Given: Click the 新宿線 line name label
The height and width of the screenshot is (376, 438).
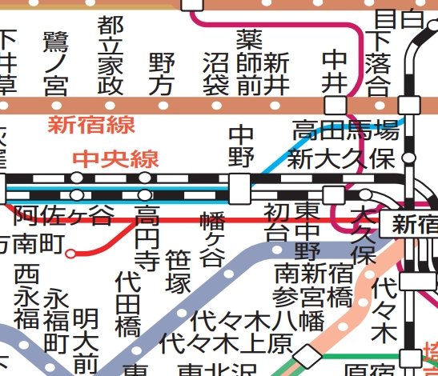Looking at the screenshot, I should pyautogui.click(x=90, y=125).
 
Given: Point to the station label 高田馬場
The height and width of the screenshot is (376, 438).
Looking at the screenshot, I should pyautogui.click(x=344, y=130).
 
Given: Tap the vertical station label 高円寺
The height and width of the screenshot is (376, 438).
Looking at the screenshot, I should pyautogui.click(x=147, y=239).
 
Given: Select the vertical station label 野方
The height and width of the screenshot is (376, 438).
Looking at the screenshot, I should pyautogui.click(x=162, y=74).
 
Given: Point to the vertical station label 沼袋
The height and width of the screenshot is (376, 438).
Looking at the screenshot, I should pyautogui.click(x=216, y=74).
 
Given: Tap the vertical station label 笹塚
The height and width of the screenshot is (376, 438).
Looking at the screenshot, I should pyautogui.click(x=177, y=273).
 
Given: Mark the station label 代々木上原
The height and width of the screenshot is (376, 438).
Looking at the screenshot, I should pyautogui.click(x=215, y=343).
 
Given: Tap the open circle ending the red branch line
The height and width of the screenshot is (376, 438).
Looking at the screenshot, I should pyautogui.click(x=71, y=254).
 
